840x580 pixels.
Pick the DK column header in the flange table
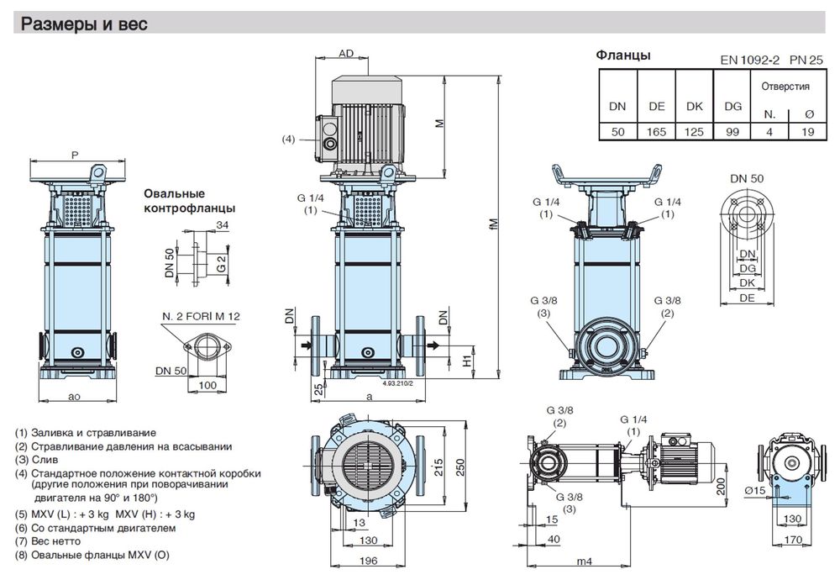(x=695, y=107)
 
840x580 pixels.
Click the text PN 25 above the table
(x=806, y=60)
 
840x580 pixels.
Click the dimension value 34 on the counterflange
(x=222, y=226)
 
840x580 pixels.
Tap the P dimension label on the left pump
(x=75, y=156)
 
